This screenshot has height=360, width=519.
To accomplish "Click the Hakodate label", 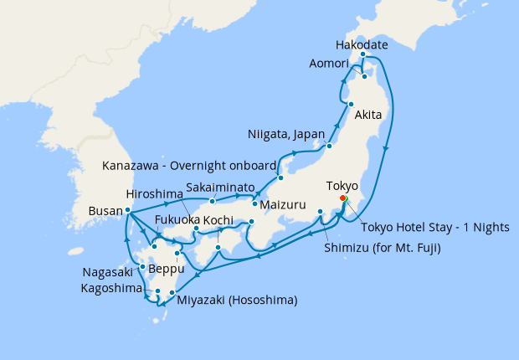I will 363,44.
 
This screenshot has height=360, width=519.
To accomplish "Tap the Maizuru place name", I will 282,203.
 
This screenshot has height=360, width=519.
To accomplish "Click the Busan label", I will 105,213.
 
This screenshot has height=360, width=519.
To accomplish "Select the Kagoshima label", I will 114,287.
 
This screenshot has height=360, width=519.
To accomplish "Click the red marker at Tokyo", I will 343,198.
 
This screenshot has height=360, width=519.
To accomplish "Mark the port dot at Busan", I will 127,210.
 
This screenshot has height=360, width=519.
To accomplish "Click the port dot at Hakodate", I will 363,55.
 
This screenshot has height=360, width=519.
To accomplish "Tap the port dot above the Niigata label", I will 329,147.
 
